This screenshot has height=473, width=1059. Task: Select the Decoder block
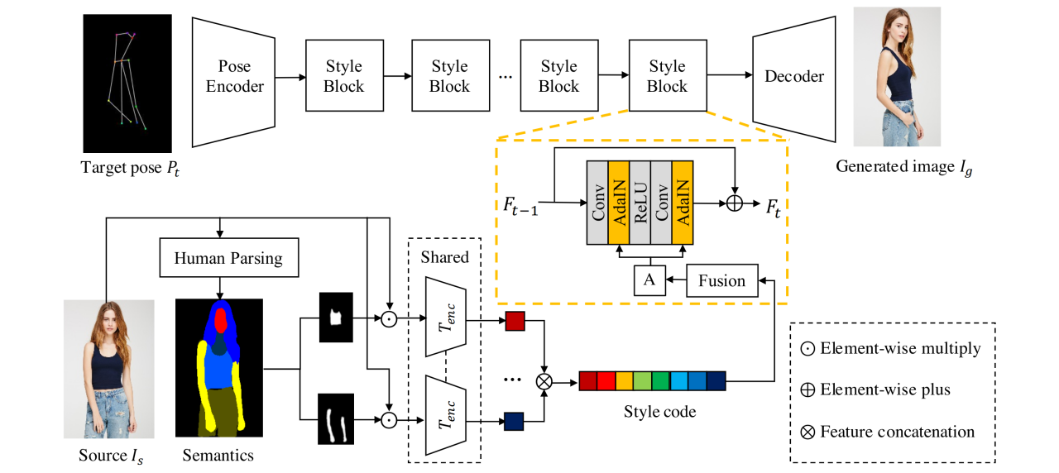[793, 77]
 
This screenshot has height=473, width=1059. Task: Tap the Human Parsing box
[228, 259]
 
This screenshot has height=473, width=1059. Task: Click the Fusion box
[721, 280]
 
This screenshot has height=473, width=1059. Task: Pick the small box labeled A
[649, 280]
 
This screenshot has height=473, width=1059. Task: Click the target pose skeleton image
[127, 84]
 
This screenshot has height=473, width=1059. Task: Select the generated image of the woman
[897, 78]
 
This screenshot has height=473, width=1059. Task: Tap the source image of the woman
[108, 369]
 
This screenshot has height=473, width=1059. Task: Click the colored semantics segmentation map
[218, 368]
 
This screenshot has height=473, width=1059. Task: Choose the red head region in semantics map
[220, 319]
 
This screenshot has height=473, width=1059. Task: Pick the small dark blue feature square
[515, 421]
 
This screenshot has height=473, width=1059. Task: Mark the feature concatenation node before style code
[544, 381]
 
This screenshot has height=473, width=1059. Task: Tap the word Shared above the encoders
[444, 257]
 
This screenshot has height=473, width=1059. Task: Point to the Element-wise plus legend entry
[876, 389]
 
